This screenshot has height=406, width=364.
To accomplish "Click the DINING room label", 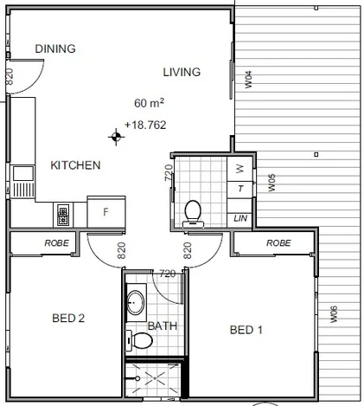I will (55, 48).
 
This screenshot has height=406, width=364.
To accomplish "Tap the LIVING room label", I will (182, 72).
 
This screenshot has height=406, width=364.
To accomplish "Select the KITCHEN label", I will (75, 165).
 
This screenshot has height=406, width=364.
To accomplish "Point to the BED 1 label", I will (246, 330).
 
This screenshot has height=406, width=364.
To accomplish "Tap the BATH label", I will (162, 326).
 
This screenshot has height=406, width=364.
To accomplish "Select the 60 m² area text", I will (150, 102).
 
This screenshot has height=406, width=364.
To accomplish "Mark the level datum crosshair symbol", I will (114, 136).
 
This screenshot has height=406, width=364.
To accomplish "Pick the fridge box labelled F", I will (105, 211).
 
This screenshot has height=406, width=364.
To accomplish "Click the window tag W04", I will (248, 81).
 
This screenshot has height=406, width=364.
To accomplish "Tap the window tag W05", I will (271, 183).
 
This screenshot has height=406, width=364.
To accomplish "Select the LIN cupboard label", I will (240, 218).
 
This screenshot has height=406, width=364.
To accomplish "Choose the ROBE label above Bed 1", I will (278, 244).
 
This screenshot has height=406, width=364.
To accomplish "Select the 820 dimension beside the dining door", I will (10, 75).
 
